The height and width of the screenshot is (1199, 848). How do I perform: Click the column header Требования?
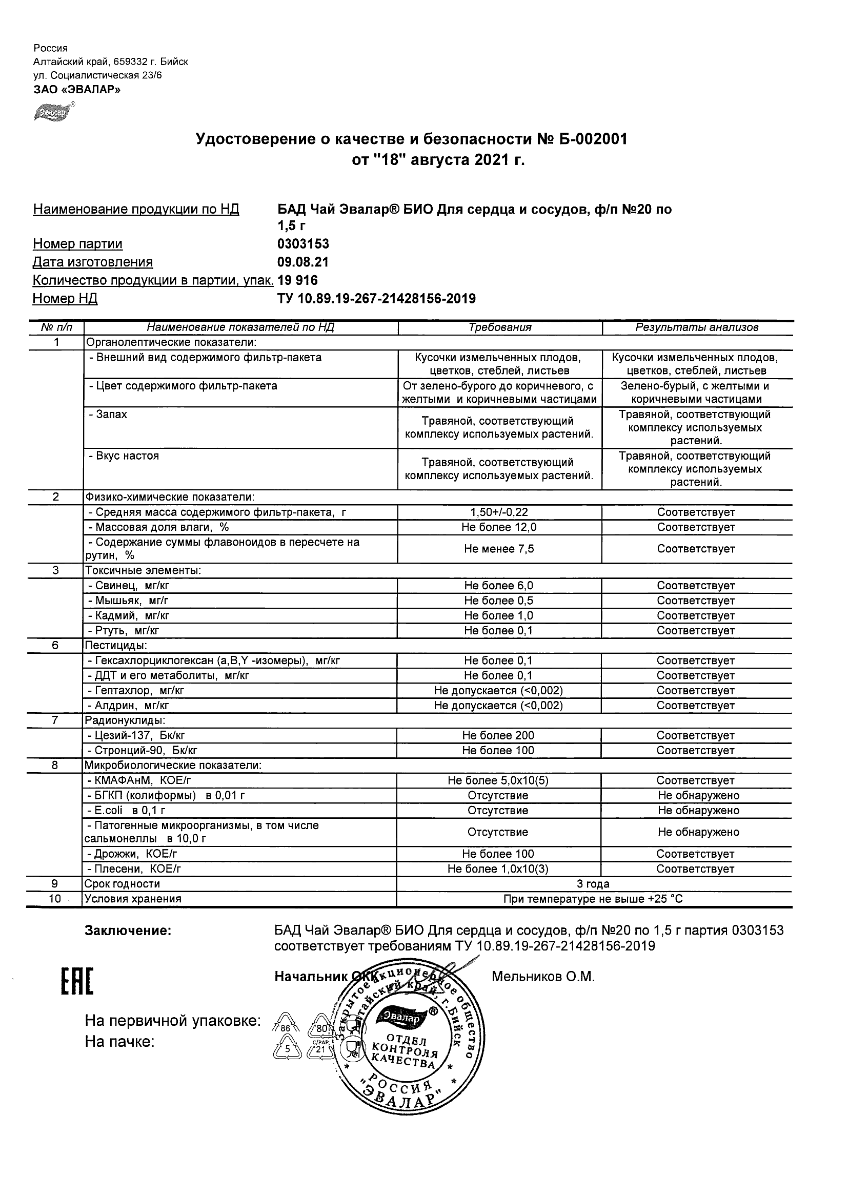pos(499,327)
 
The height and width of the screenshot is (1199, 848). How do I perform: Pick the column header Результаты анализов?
pos(696,327)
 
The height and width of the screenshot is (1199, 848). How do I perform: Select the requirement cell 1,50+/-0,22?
pos(499,512)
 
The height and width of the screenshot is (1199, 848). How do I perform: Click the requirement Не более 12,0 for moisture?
pos(499,527)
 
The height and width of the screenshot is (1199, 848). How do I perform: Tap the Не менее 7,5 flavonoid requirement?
pos(499,549)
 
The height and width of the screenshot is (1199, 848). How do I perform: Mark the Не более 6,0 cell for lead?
pos(499,586)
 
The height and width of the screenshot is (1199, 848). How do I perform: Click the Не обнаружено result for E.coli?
pos(699,811)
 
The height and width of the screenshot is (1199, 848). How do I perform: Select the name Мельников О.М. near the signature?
pos(543,977)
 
